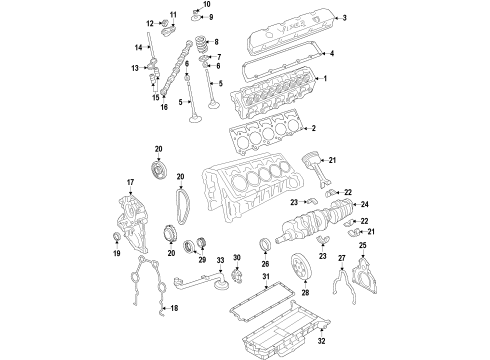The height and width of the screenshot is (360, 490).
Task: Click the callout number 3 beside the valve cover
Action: tap(344, 19)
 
